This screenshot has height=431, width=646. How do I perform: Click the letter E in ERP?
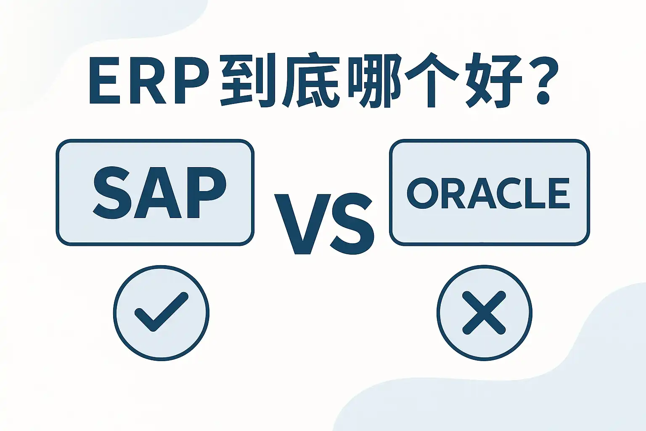point(105,80)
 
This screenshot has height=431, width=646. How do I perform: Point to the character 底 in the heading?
point(310,80)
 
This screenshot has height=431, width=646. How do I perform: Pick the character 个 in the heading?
point(432,80)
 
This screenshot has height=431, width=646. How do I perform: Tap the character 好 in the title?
point(494,80)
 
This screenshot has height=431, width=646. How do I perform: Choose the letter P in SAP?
point(207,193)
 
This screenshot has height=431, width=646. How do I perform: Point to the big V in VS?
point(302,224)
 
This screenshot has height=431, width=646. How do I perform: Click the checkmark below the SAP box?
point(161,311)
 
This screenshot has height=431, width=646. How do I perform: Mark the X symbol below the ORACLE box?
point(484,313)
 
